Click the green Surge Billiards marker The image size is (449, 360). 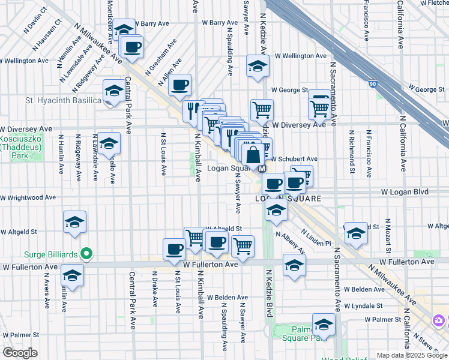[x=86, y=253]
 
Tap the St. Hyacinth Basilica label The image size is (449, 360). [x=63, y=100]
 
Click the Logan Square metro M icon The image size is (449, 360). [x=262, y=169]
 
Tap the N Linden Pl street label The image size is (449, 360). [x=316, y=238]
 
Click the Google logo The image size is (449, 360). [x=20, y=353]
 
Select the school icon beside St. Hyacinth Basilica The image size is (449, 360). [x=113, y=92]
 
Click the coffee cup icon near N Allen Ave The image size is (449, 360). [x=179, y=85]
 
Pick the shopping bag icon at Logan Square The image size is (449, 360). [x=254, y=154]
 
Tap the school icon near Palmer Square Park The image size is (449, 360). [x=324, y=325]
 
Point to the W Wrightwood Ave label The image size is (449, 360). [x=28, y=197]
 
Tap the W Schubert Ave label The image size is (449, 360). [x=295, y=160]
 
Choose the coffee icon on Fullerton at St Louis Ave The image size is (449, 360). [x=175, y=250]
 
